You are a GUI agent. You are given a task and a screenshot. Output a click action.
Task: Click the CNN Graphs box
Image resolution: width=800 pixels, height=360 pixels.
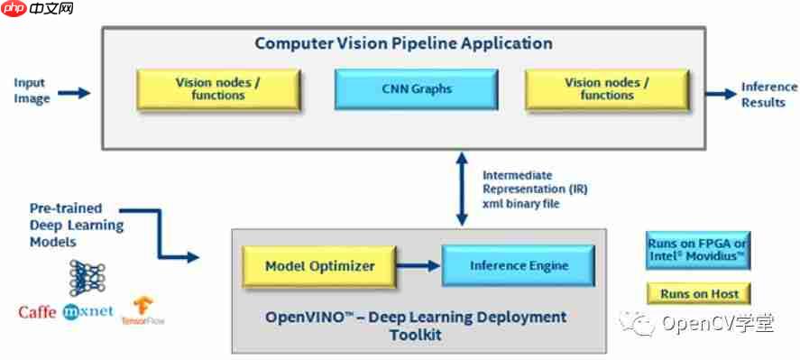click(x=416, y=89)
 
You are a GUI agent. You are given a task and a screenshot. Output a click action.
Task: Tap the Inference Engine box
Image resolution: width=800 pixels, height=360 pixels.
click(x=519, y=266)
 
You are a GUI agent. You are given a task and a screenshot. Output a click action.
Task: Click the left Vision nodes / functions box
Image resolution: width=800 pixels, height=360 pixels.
click(x=217, y=89)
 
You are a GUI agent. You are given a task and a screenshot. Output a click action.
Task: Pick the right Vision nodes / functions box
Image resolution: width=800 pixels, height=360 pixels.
click(x=606, y=89)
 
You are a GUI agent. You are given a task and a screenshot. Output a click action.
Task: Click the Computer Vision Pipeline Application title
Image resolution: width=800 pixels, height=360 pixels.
click(x=403, y=43)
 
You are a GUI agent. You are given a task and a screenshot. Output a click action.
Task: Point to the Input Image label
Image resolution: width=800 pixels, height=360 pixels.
click(x=31, y=91)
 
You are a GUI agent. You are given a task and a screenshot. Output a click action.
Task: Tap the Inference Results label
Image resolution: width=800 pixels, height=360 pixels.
click(x=768, y=94)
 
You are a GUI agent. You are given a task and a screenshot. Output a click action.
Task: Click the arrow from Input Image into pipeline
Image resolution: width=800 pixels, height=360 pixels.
click(x=74, y=92)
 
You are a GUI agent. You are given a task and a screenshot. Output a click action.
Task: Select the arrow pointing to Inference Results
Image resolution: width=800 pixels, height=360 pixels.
click(x=720, y=93)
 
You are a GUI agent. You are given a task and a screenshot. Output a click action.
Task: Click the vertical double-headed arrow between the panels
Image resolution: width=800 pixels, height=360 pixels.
click(x=462, y=189)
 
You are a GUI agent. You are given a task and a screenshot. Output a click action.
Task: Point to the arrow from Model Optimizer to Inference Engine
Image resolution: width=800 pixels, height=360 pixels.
click(x=420, y=266)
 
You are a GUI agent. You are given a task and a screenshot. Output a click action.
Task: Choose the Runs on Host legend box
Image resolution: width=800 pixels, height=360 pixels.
click(x=699, y=293)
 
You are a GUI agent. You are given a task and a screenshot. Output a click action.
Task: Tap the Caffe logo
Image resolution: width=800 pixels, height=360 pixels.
click(x=38, y=312)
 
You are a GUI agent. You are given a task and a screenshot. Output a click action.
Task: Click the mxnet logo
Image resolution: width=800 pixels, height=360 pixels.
click(x=87, y=312)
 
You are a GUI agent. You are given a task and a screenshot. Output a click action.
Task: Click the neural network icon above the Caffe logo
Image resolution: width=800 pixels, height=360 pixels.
click(x=87, y=278)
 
